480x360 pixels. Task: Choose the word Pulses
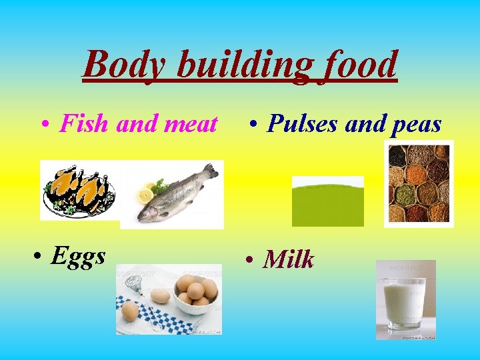(301, 124)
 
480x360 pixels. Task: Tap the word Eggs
(78, 256)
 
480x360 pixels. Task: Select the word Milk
(288, 259)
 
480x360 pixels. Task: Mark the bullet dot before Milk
(249, 259)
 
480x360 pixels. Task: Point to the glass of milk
(405, 301)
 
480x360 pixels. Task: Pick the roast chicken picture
(79, 190)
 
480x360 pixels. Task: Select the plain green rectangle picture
(328, 201)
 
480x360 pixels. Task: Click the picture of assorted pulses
(419, 183)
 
